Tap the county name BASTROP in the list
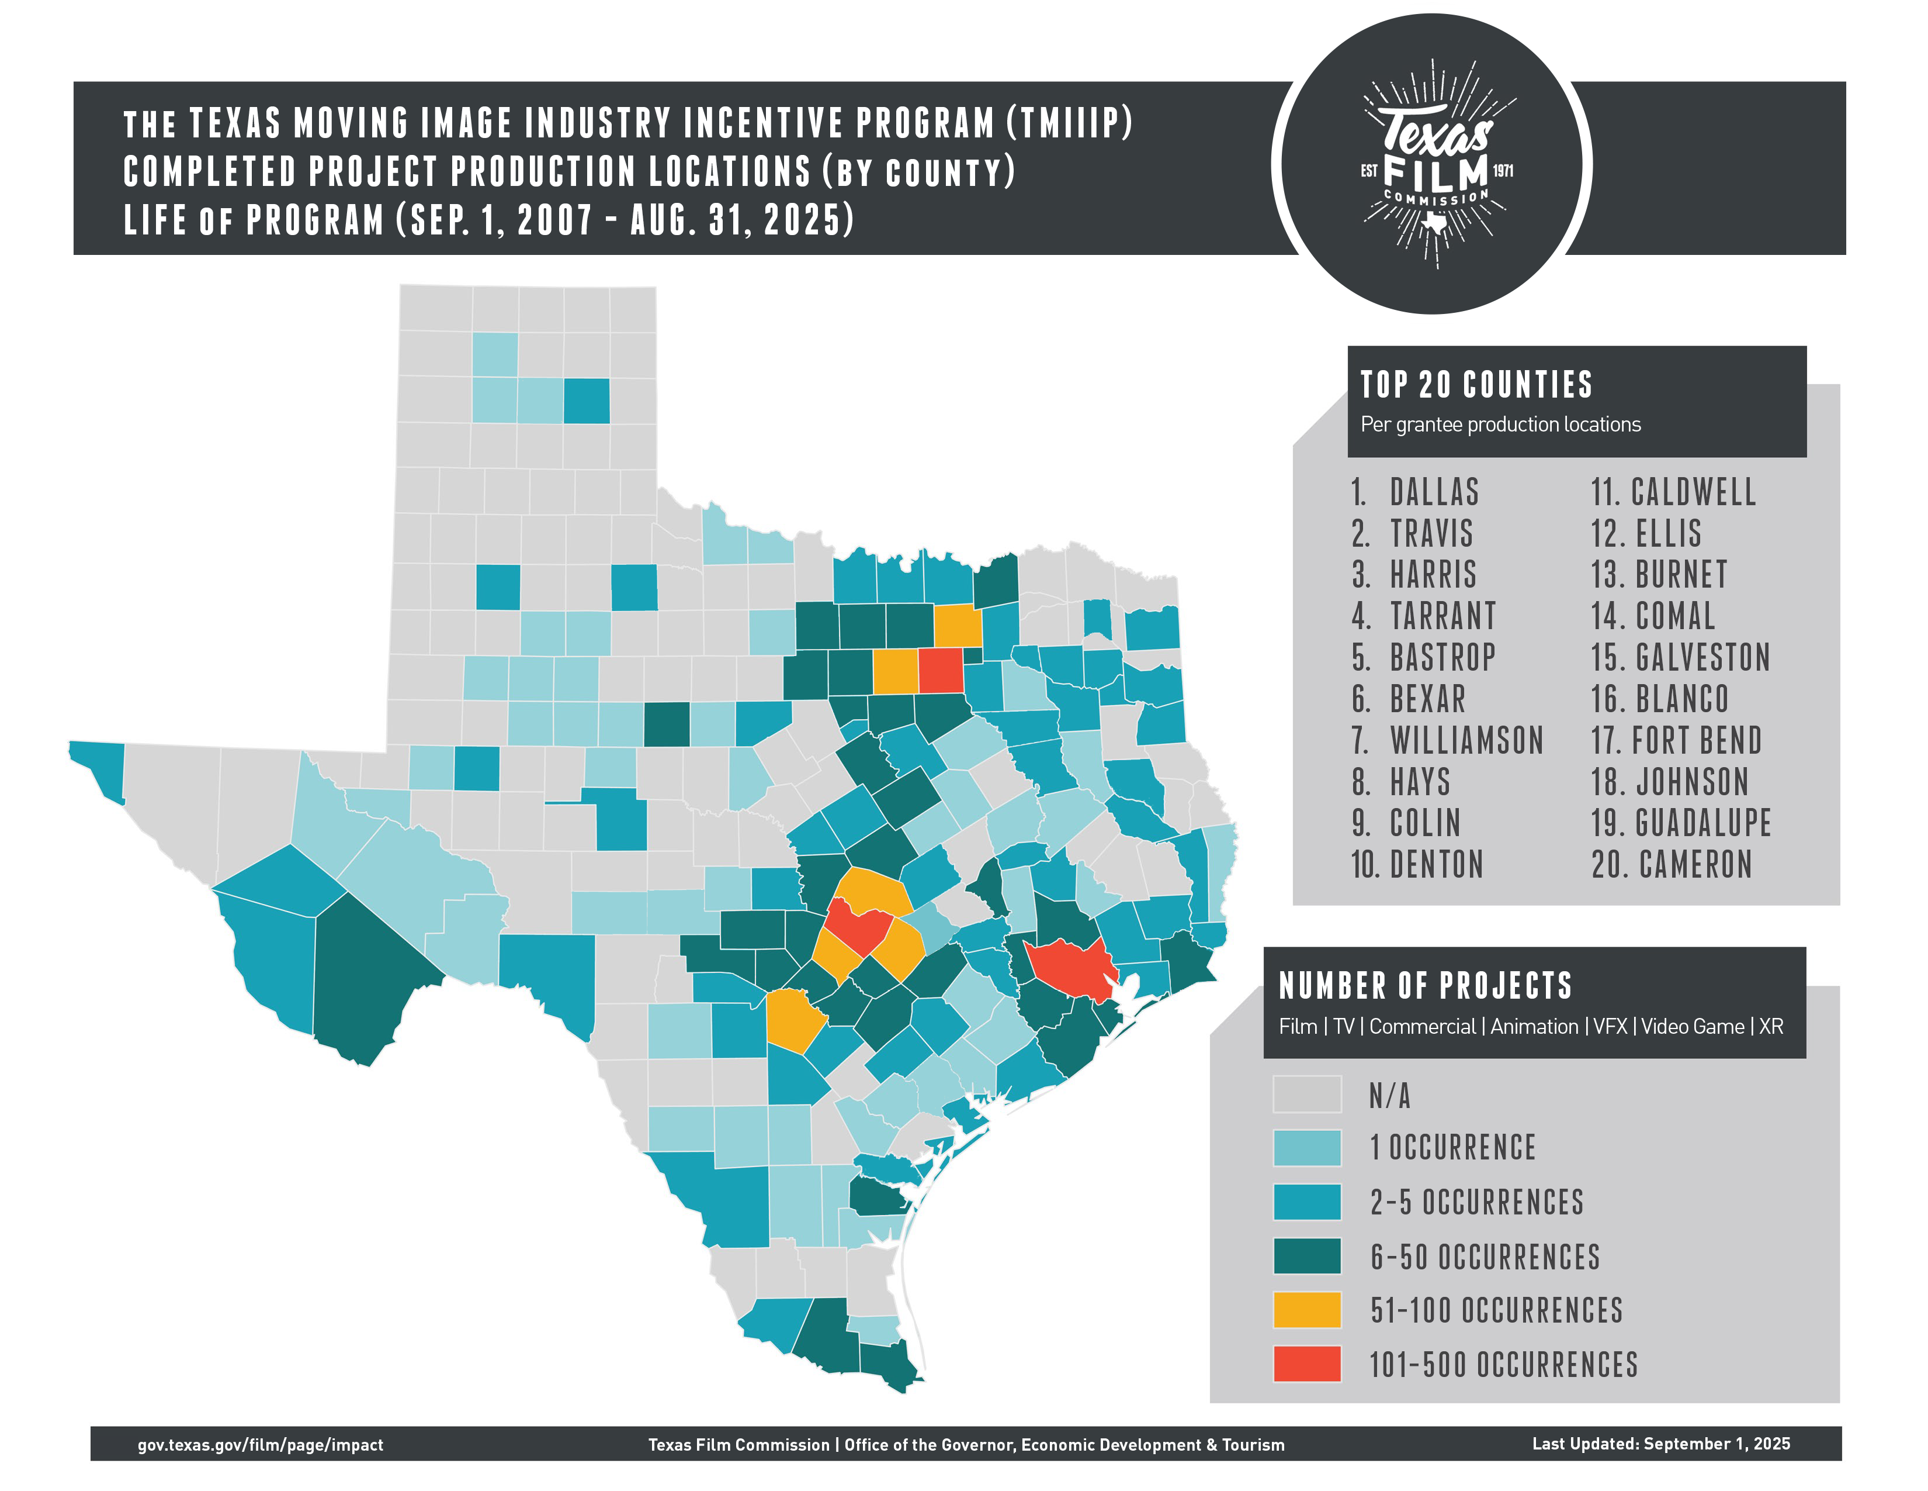click(x=1442, y=657)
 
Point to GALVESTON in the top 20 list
click(x=1702, y=657)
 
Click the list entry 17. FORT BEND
click(x=1676, y=740)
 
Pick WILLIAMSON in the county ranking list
click(x=1466, y=740)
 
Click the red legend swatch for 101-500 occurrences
click(x=1306, y=1364)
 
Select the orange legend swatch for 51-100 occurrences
click(x=1306, y=1309)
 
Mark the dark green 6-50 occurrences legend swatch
click(x=1306, y=1256)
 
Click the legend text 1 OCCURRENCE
click(x=1452, y=1147)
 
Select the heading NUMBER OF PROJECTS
click(x=1425, y=985)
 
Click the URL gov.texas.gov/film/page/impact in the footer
click(x=261, y=1445)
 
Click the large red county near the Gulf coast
click(x=1068, y=965)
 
